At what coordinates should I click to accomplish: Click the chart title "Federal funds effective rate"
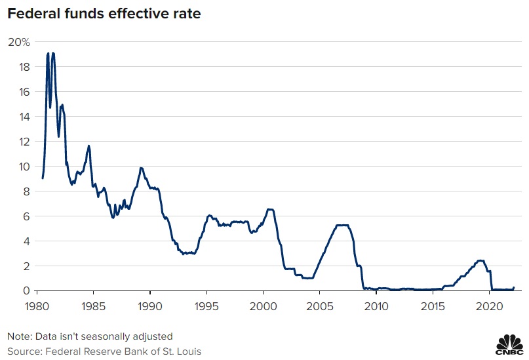99,13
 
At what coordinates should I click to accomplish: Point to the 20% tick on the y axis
19,42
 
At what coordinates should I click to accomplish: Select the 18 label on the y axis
24,67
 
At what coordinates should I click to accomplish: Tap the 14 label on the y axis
24,117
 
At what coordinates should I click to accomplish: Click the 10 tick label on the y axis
24,167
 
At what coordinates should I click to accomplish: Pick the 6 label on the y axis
27,216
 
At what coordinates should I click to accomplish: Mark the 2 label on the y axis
27,266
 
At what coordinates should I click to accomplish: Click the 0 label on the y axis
27,290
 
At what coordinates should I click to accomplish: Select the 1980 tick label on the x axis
37,306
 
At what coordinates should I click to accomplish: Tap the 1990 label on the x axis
150,306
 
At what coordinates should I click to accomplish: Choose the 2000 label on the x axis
263,306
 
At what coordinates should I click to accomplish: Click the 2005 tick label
320,306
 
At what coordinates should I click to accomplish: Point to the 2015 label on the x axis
433,306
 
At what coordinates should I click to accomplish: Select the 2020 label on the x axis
490,306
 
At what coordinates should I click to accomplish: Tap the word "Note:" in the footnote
19,336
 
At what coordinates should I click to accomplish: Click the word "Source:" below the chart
24,351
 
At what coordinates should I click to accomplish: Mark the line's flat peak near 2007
342,226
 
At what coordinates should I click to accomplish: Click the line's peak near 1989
141,168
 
